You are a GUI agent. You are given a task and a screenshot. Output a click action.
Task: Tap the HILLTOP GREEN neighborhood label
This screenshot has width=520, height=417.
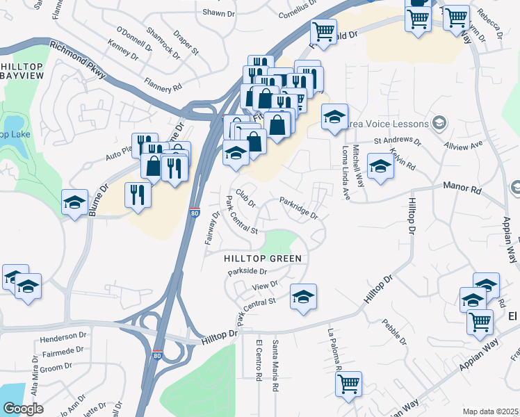click(263, 259)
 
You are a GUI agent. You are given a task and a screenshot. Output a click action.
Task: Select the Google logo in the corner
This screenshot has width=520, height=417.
click(22, 409)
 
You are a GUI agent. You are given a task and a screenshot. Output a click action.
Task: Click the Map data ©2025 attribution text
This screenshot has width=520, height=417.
click(490, 411)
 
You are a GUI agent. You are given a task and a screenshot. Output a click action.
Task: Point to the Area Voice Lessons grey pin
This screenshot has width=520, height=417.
click(439, 124)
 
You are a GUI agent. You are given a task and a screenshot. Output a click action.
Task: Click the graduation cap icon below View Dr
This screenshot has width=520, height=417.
click(303, 297)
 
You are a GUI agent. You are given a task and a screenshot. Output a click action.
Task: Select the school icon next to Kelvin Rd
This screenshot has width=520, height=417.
click(380, 167)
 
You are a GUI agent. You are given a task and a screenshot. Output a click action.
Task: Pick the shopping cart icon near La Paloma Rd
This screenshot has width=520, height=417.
click(348, 384)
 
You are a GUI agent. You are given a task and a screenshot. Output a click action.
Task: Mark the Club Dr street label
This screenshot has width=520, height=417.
click(245, 198)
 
